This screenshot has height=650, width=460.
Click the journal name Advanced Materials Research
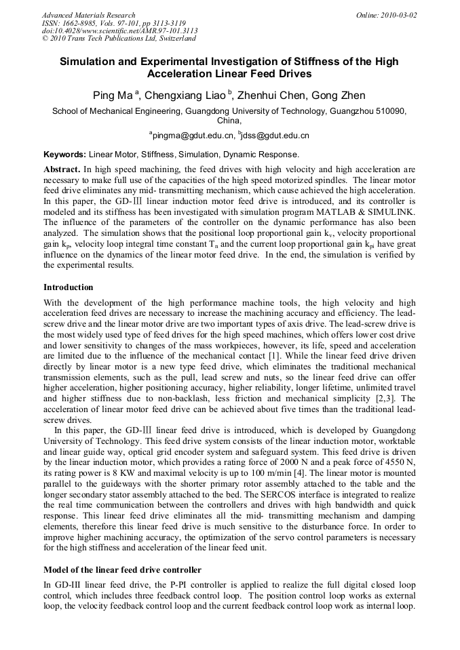(x=89, y=15)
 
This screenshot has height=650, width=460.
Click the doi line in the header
(x=120, y=31)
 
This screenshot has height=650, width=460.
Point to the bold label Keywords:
(x=65, y=155)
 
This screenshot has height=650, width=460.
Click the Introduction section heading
(x=69, y=287)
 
